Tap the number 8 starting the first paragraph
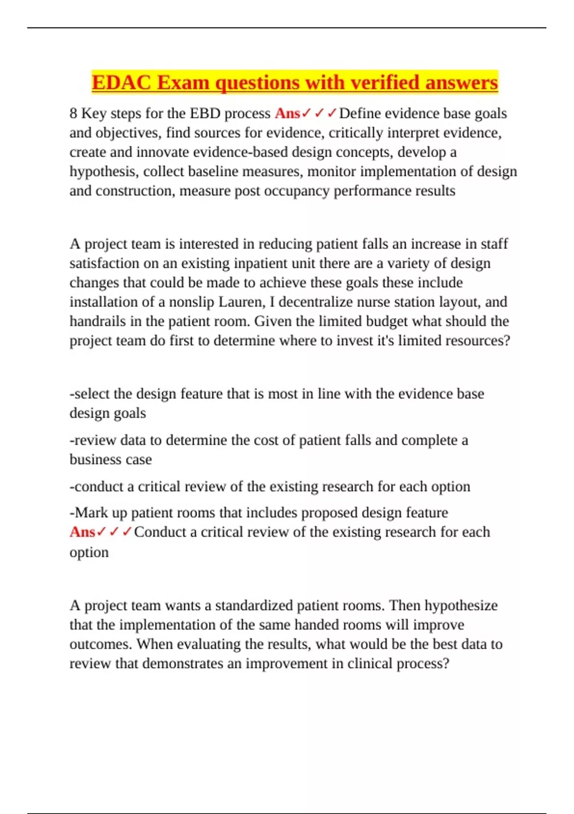click(x=73, y=113)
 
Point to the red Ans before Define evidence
click(x=287, y=113)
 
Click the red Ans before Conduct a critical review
click(x=82, y=532)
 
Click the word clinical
click(x=371, y=664)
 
